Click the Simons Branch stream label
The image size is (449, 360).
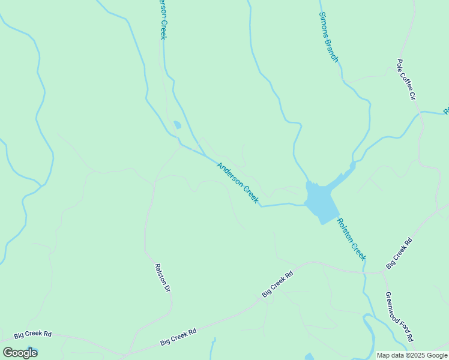328,37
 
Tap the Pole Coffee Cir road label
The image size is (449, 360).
406,79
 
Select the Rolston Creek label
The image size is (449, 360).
351,238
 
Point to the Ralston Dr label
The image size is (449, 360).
163,278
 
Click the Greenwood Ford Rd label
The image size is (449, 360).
399,316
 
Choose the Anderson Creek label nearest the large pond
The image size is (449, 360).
238,183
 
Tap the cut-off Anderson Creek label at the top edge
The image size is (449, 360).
162,20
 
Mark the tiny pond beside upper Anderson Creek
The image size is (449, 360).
177,125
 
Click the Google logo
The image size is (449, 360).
20,353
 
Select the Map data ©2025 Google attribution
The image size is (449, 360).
412,355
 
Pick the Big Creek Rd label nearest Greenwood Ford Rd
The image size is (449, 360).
399,253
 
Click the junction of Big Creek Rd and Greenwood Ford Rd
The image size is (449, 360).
384,272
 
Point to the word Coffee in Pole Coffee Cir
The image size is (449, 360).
406,79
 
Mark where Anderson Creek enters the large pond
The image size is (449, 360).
304,205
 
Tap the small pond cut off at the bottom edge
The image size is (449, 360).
309,357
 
